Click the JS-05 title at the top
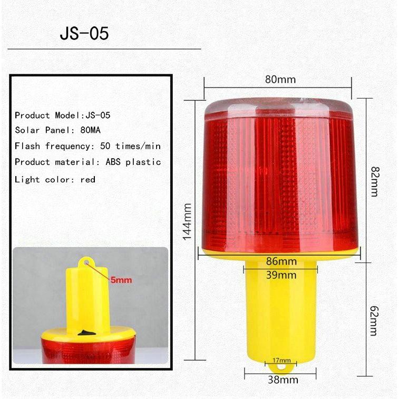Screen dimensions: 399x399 (84, 33)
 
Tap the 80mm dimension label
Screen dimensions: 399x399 (280, 80)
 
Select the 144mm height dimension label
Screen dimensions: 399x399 (187, 221)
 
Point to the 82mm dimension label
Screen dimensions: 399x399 (375, 181)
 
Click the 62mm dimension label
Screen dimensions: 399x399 (374, 320)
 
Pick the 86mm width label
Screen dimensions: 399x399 (281, 261)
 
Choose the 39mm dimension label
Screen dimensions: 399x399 (281, 275)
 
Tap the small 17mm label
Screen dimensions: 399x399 (281, 360)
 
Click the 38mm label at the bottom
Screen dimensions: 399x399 (283, 379)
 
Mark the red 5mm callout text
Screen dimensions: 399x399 (121, 280)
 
